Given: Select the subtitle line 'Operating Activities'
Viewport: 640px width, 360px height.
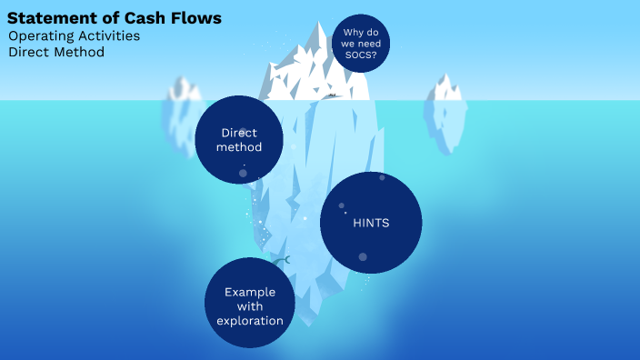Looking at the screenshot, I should [x=74, y=36].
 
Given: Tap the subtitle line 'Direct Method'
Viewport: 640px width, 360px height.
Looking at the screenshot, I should [x=56, y=53].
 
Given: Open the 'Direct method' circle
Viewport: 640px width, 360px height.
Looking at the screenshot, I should [x=239, y=139].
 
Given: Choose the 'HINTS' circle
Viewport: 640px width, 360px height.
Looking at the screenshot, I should [x=371, y=223].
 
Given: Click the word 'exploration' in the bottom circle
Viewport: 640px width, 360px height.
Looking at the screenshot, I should [x=250, y=321].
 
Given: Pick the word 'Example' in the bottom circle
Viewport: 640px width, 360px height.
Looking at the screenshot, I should [x=249, y=292].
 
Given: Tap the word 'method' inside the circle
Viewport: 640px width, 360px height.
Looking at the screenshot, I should [x=239, y=147].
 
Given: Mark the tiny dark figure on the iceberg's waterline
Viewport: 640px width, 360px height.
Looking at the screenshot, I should [x=333, y=95].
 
